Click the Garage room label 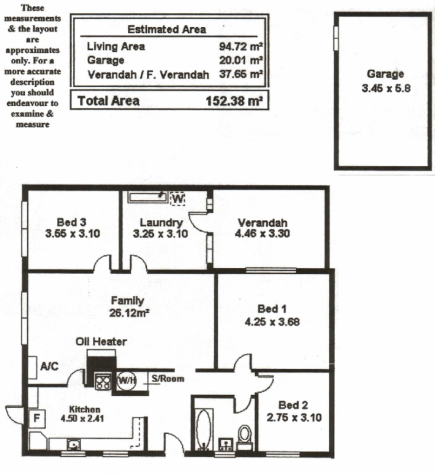pyautogui.click(x=385, y=74)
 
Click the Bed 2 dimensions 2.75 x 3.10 pyautogui.click(x=294, y=417)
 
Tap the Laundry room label pyautogui.click(x=161, y=223)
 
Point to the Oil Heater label pyautogui.click(x=101, y=342)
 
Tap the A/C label pyautogui.click(x=49, y=367)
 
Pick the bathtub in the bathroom pyautogui.click(x=203, y=428)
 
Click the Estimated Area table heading pyautogui.click(x=167, y=29)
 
